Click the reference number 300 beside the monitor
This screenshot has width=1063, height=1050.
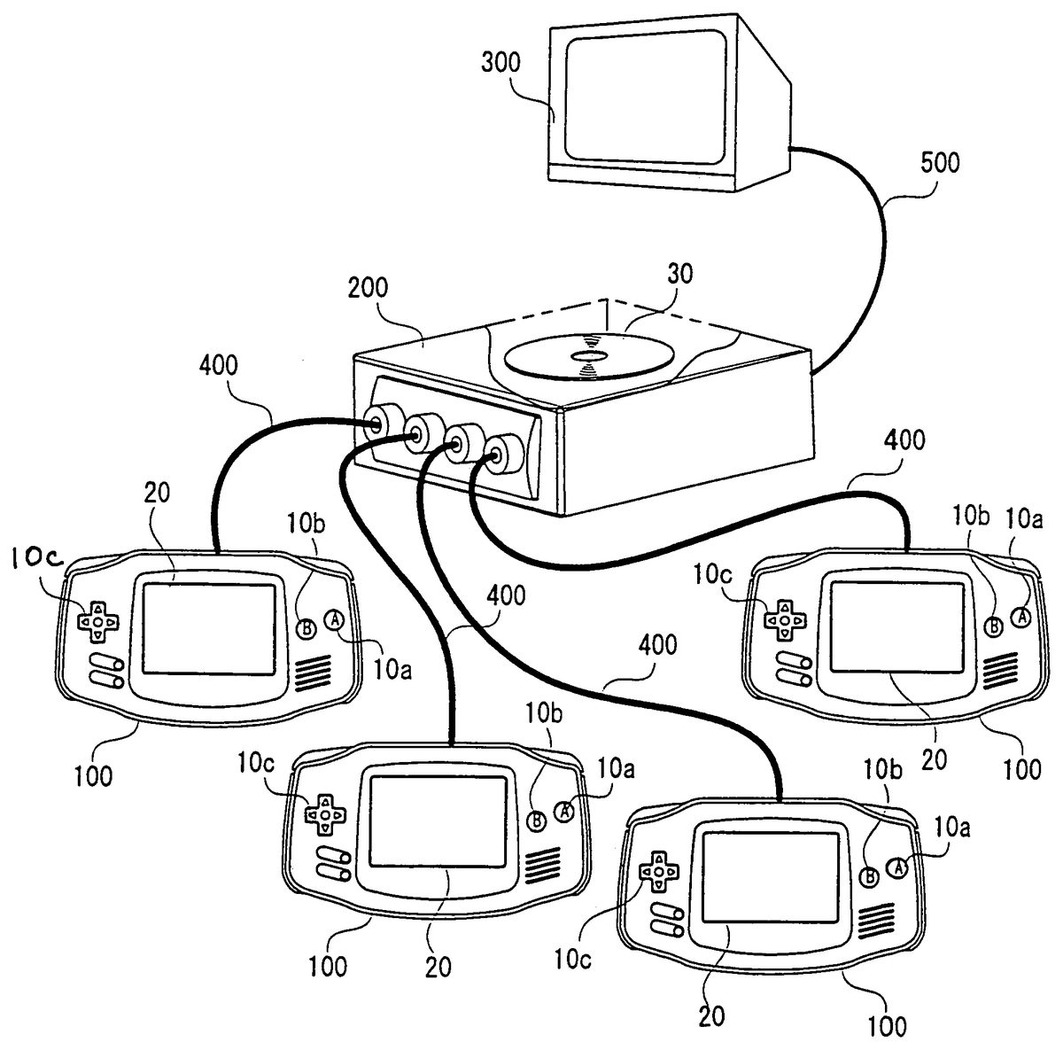click(501, 63)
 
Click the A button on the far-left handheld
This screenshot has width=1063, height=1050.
click(336, 621)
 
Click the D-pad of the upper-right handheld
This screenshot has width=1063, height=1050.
click(783, 620)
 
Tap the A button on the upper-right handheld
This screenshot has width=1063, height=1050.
click(1021, 616)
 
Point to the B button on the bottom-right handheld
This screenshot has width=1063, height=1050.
click(870, 876)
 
